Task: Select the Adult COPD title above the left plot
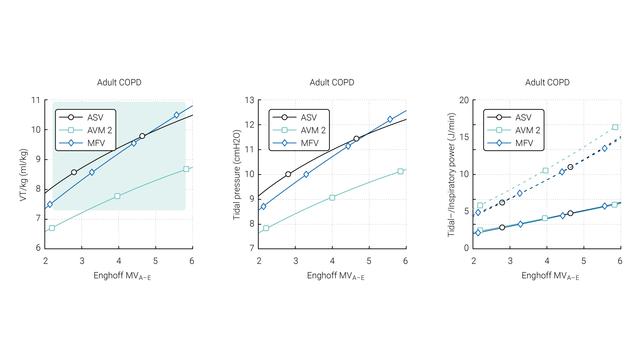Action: coord(119,82)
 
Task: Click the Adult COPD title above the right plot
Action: coord(547,82)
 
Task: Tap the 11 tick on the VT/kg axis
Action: coord(36,100)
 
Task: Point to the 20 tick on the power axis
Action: coord(464,100)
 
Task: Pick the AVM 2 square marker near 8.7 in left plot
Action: coord(186,169)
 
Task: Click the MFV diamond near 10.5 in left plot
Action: coord(177,115)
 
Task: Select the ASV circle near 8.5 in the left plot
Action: coord(74,172)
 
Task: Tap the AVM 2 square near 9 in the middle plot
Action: coord(332,197)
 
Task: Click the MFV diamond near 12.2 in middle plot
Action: coord(391,120)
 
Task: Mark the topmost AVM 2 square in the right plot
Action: coord(615,127)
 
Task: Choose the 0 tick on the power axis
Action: coord(466,248)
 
